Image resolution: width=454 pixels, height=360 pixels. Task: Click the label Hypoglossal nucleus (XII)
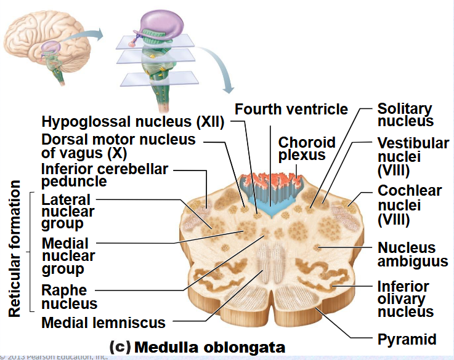[x=132, y=121]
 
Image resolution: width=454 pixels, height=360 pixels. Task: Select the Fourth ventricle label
[x=291, y=110]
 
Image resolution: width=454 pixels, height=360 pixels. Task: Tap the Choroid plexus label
[x=307, y=148]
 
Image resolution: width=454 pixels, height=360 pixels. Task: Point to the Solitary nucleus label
[x=405, y=115]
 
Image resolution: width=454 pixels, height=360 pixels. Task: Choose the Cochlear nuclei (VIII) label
[x=410, y=204]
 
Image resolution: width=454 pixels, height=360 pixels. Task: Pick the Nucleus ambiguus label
[x=412, y=255]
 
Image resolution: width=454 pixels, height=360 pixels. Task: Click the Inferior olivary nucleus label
[x=411, y=299]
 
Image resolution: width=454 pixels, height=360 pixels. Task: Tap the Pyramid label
[x=407, y=339]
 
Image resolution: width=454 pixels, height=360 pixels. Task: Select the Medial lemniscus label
[x=103, y=322]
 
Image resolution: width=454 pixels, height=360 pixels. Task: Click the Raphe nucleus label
[x=69, y=297]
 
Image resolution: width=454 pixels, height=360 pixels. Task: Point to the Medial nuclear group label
[x=68, y=256]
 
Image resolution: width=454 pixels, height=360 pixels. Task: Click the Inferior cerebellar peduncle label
[x=105, y=175]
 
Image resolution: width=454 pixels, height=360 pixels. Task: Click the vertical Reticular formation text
[x=15, y=249]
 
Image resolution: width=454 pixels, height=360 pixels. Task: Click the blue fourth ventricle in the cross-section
[x=269, y=210]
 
